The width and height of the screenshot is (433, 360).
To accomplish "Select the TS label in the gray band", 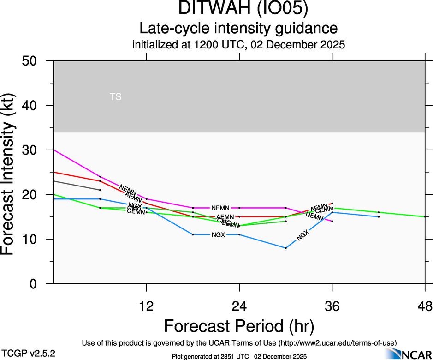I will tap(116, 97).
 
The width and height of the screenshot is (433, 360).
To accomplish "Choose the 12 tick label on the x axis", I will tap(146, 306).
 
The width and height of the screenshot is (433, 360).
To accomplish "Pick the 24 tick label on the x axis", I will tap(239, 306).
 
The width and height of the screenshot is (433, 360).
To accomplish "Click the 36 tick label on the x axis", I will tap(332, 306).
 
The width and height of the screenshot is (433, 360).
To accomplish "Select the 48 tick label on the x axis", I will tap(425, 306).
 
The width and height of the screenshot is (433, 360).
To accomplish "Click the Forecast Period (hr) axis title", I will tap(239, 326).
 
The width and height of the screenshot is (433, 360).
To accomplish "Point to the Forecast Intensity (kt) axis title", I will tap(13, 172).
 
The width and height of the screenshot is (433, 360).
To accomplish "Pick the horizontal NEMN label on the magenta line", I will tap(220, 208).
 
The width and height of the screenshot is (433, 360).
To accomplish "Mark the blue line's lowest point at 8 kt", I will tap(286, 248).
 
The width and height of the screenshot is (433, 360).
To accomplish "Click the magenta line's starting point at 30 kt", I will tap(54, 150).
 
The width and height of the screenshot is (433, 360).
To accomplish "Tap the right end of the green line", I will tap(425, 216).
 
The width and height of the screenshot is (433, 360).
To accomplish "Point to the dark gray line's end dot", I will tap(100, 190).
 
